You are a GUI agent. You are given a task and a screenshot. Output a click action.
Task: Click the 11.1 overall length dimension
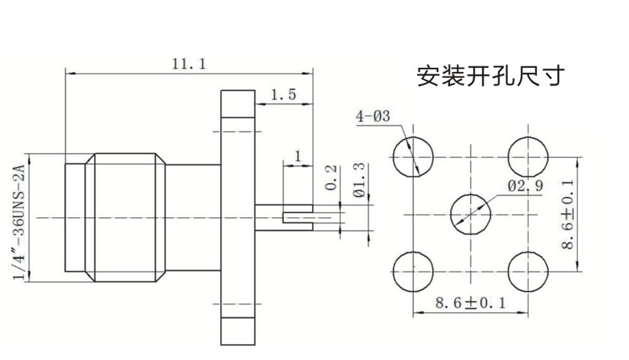189,64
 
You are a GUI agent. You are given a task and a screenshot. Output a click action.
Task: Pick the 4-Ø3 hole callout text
373,116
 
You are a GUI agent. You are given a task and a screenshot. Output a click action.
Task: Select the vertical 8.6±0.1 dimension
568,214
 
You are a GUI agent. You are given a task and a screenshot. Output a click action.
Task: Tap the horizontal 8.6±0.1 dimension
470,303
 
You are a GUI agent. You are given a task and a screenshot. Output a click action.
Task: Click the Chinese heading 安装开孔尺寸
491,76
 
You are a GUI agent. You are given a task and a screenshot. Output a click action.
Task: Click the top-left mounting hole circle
413,157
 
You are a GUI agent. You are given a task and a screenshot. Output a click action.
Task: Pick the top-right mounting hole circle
528,157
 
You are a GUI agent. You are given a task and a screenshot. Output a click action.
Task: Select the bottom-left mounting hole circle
413,271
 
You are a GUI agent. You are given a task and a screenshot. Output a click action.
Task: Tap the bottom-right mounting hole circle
528,271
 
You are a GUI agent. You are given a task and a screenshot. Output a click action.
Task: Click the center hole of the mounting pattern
470,214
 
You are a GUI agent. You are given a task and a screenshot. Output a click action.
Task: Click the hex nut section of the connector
126,217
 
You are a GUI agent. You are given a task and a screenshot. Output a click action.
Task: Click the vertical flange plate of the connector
237,218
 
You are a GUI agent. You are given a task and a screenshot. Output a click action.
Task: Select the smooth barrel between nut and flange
192,218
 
